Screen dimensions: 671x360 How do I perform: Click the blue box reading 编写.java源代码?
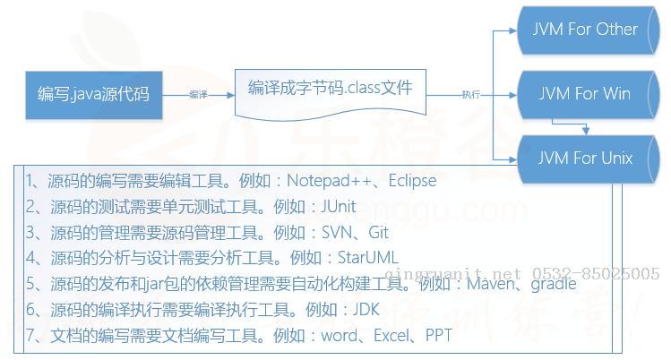point(94,95)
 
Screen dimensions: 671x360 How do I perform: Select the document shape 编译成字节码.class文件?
point(331,94)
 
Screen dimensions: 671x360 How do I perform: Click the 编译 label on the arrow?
point(198,95)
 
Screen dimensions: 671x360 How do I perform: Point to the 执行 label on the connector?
point(470,95)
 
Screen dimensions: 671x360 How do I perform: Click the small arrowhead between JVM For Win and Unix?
point(586,131)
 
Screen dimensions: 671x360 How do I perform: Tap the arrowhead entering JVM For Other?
point(512,30)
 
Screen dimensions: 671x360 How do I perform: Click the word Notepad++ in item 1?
point(329,181)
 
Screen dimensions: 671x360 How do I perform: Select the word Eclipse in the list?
point(412,181)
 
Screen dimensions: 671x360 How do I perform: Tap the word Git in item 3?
point(378,233)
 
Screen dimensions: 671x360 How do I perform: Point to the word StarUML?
point(368,258)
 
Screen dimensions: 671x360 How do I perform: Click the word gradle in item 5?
point(554,284)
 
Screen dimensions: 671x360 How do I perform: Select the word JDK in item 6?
point(366,310)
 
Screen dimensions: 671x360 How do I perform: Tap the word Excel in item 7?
point(391,336)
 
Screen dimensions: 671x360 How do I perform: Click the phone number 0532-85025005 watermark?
point(596,273)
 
